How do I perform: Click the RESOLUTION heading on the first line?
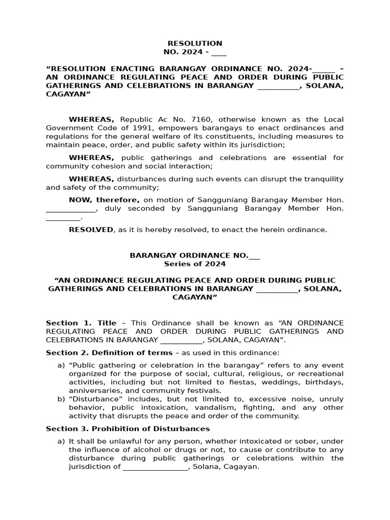click(195, 44)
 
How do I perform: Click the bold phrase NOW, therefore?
click(104, 200)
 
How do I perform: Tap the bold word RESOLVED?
click(91, 230)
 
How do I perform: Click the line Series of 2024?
click(195, 264)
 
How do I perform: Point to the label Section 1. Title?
click(81, 323)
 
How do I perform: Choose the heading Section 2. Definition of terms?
click(109, 352)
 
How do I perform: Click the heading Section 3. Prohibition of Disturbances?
click(128, 429)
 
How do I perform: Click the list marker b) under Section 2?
click(61, 399)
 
